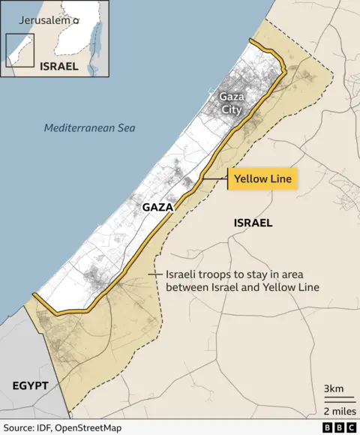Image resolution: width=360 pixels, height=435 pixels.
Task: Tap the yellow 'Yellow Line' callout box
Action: [262, 179]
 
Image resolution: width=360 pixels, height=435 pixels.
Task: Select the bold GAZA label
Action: [157, 206]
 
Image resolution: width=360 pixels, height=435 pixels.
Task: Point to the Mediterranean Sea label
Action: [89, 127]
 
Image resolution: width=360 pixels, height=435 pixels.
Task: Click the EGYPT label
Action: [30, 385]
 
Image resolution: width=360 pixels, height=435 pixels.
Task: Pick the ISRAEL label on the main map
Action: [253, 223]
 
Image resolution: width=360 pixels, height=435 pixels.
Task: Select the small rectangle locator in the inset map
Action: [20, 50]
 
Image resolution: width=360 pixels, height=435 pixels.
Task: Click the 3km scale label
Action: [334, 388]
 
